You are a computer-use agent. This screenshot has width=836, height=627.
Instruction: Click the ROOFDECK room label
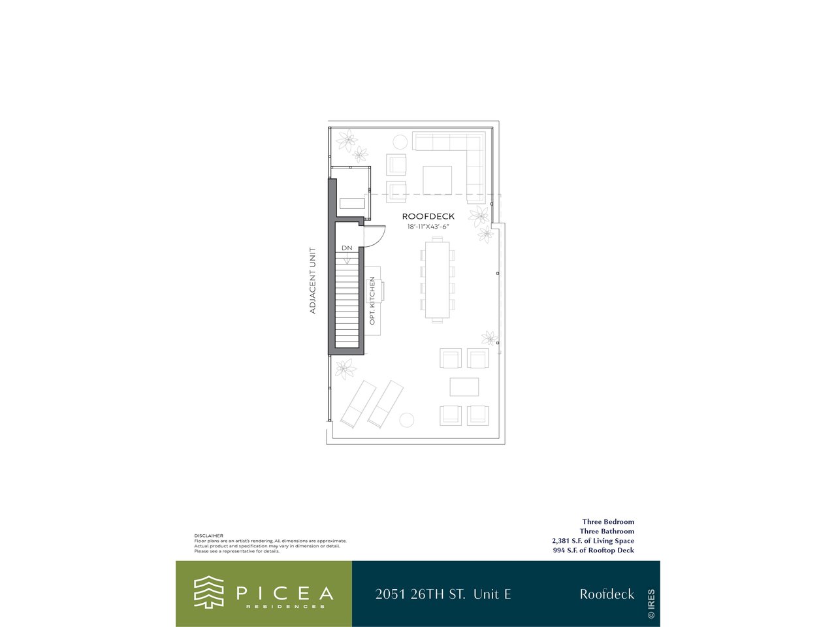428,216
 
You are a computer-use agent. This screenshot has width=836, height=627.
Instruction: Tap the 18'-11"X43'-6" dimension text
428,227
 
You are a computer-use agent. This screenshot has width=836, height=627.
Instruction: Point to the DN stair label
347,248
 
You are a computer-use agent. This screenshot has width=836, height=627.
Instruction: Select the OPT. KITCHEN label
372,300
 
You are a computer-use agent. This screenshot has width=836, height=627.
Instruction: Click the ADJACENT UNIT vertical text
313,281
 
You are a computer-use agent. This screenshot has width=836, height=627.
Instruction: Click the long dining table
437,280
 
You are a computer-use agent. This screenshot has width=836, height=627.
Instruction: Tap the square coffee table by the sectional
437,180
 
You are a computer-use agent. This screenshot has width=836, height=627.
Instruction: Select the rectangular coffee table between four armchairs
464,387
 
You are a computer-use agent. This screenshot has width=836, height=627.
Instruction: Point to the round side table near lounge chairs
406,420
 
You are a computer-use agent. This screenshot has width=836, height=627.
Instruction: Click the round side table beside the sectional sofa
400,142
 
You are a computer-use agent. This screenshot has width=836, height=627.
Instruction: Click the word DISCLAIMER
209,536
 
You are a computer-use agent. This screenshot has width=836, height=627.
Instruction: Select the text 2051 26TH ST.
420,594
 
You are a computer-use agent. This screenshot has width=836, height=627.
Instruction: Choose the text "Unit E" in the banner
492,594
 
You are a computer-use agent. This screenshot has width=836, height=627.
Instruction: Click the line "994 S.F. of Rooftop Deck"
594,550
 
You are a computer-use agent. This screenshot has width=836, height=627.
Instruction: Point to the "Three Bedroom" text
608,522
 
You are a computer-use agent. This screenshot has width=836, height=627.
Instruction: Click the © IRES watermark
651,603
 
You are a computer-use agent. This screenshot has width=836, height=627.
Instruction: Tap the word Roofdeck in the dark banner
607,594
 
